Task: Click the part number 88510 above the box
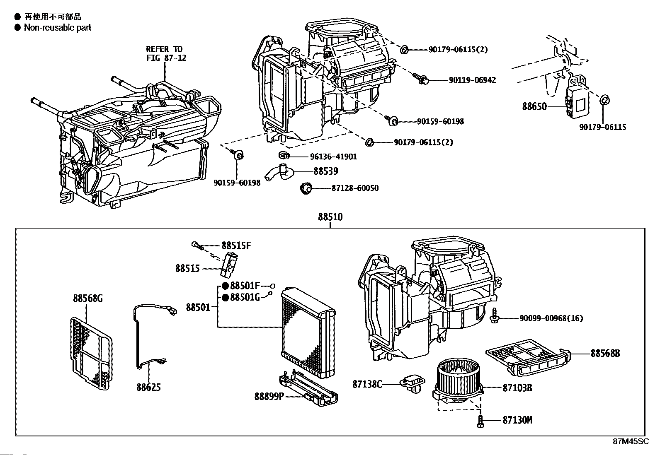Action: coord(330,217)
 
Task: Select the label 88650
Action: coord(534,106)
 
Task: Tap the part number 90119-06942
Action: coord(472,80)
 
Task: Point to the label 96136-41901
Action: coord(333,156)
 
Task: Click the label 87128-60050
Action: coord(355,188)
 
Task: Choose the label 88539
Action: coord(325,171)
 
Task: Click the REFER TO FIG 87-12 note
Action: coord(166,53)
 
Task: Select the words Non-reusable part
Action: coord(58,27)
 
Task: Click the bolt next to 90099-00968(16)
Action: coord(495,315)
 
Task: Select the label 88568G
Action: coord(88,299)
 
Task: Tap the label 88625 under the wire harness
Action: coord(148,387)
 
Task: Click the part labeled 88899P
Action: coord(308,388)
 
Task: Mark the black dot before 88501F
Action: coord(226,286)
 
